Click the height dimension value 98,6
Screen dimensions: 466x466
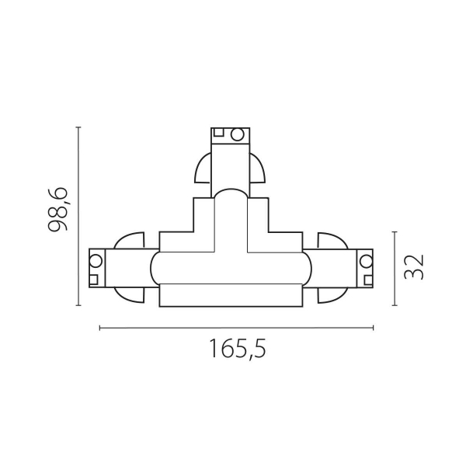58,210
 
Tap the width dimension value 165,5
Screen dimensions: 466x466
237,349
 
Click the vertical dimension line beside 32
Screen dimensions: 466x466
395,268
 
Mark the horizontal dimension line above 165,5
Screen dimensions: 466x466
237,328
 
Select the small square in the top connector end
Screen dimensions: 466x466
220,133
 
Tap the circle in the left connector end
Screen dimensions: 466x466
97,259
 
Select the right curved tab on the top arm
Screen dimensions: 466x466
257,170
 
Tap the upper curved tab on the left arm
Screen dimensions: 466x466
128,242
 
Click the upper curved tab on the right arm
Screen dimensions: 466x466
332,242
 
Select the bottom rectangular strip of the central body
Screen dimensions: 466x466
231,295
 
